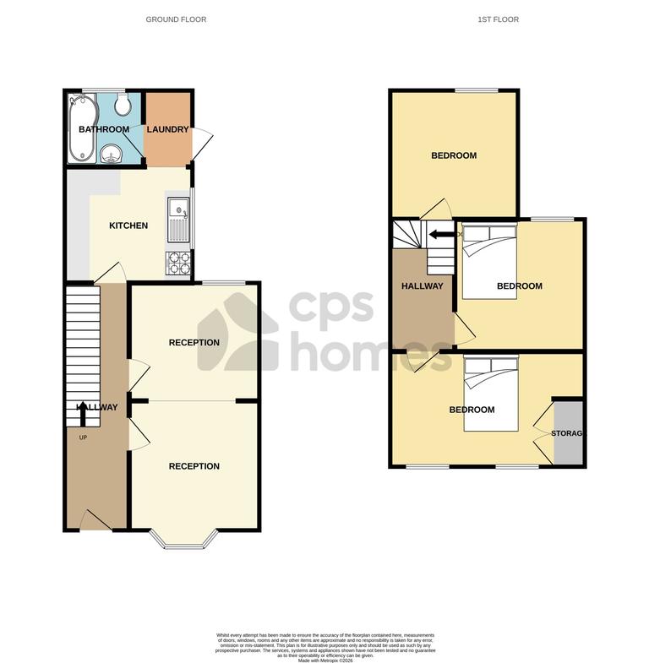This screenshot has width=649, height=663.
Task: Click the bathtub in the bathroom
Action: tap(80, 128)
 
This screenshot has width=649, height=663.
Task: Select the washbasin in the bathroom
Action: tap(110, 153)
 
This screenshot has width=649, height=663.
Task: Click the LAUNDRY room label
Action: tap(167, 129)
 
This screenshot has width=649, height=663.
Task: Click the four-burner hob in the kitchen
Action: tap(179, 264)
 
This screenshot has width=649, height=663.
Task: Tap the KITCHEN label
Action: tap(128, 226)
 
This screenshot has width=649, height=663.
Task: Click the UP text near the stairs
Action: tap(83, 437)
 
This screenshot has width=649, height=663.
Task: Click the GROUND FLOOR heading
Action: tap(176, 19)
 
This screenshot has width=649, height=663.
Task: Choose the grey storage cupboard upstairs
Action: tap(568, 432)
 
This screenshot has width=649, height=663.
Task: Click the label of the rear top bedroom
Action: tap(454, 155)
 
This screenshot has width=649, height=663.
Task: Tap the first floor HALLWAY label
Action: tap(422, 286)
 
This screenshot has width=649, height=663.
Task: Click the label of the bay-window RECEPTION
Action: tap(194, 466)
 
